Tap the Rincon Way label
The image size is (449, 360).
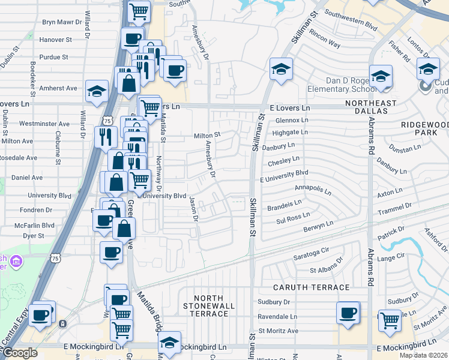click(325, 45)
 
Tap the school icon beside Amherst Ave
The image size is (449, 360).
click(96, 92)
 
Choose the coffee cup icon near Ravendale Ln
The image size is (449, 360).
click(348, 313)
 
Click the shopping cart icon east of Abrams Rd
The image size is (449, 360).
click(390, 320)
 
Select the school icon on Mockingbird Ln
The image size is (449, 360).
click(170, 343)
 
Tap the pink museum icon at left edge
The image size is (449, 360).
click(16, 262)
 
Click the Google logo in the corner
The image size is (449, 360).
click(20, 353)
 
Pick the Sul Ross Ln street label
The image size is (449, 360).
click(293, 217)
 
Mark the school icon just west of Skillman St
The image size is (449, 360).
click(280, 69)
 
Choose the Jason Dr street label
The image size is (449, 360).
click(193, 209)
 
